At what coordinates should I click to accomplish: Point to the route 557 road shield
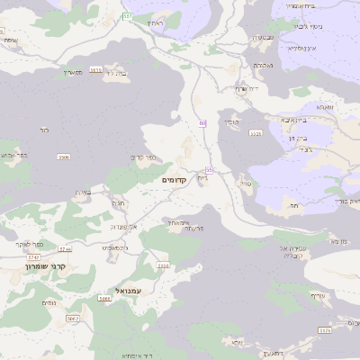tap(127, 16)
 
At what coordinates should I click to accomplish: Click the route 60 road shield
tap(203, 122)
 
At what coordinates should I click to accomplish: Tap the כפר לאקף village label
tap(23, 244)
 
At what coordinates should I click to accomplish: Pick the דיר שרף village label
tap(247, 88)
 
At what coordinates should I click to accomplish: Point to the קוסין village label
tap(229, 121)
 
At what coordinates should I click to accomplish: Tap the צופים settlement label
tap(49, 302)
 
